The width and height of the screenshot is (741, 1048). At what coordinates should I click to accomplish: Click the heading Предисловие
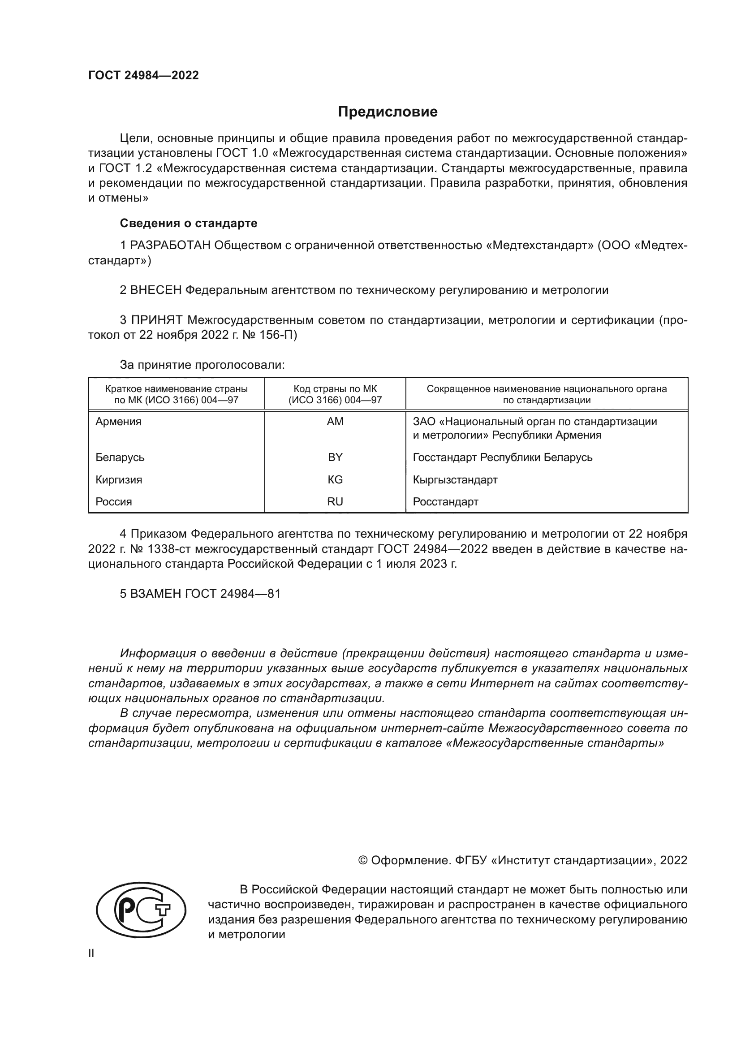[388, 112]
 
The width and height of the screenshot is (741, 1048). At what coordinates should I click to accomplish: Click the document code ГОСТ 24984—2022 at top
[143, 75]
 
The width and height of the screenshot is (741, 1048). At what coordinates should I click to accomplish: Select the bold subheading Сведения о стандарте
[189, 223]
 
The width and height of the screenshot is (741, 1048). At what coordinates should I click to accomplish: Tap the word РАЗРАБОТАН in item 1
[170, 246]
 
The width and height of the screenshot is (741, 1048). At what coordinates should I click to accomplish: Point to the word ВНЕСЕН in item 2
[156, 290]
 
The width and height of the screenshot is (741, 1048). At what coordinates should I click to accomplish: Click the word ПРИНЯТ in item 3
[156, 320]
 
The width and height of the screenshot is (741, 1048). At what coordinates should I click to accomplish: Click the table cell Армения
[118, 421]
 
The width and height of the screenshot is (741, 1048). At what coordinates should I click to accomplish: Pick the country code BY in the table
[335, 457]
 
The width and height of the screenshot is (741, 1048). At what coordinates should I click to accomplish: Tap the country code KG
[335, 480]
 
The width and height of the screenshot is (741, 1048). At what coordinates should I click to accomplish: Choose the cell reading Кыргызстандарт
[455, 480]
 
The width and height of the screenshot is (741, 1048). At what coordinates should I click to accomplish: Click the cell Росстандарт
[445, 502]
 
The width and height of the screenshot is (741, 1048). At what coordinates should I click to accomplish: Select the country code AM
[335, 421]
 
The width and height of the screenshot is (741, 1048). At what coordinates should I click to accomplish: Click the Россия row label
[114, 502]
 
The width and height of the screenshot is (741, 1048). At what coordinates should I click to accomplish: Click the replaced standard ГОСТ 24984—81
[233, 593]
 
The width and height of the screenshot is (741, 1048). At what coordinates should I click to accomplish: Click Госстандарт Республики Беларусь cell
[502, 457]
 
